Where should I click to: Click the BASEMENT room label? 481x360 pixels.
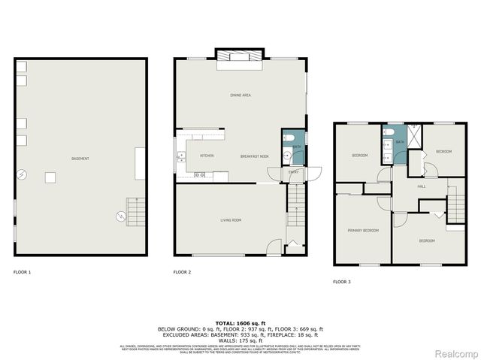(80, 159)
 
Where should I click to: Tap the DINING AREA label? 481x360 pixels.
(240, 95)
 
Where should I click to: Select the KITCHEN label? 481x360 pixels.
(207, 156)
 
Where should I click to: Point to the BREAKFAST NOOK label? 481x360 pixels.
(255, 156)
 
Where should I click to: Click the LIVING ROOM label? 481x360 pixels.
(231, 220)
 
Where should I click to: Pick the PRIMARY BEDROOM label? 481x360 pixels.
(362, 230)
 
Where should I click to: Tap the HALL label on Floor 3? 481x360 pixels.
(422, 186)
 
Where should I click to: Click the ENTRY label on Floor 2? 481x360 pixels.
(294, 172)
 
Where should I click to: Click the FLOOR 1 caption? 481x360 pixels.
(23, 272)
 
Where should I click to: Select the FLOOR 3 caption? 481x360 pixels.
(341, 282)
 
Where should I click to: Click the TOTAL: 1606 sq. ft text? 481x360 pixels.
(240, 322)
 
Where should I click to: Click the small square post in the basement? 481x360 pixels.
(50, 178)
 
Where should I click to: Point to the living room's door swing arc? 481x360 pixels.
(274, 246)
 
